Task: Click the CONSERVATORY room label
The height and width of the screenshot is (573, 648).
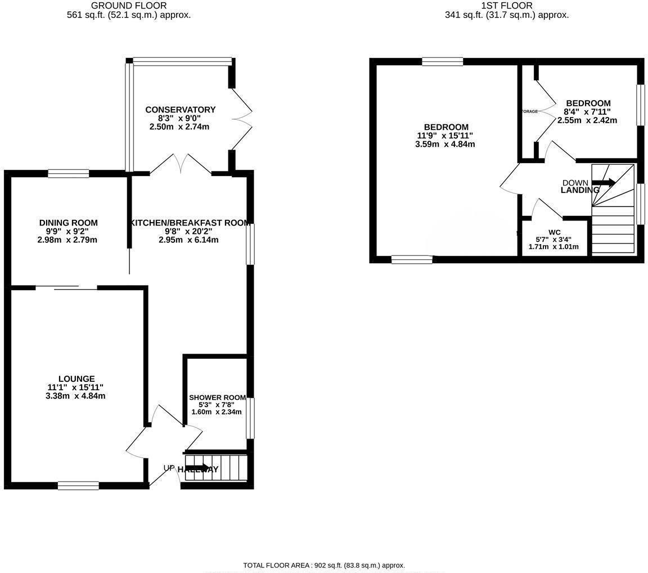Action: pyautogui.click(x=180, y=110)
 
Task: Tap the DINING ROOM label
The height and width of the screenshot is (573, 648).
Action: pyautogui.click(x=68, y=223)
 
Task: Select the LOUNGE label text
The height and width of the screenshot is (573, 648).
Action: pyautogui.click(x=76, y=378)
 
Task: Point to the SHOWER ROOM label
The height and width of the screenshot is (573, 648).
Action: pyautogui.click(x=217, y=397)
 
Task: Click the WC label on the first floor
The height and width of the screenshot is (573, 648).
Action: pyautogui.click(x=554, y=232)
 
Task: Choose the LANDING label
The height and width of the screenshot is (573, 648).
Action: pyautogui.click(x=579, y=190)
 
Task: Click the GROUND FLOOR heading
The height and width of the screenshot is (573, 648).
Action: pyautogui.click(x=128, y=6)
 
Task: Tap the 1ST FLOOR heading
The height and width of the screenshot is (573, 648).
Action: pyautogui.click(x=506, y=6)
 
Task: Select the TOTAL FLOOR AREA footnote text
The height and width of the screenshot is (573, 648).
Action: pyautogui.click(x=324, y=565)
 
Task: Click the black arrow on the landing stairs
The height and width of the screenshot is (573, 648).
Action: pyautogui.click(x=604, y=182)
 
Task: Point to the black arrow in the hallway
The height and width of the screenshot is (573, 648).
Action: pyautogui.click(x=197, y=468)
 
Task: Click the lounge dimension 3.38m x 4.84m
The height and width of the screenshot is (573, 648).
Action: pyautogui.click(x=76, y=396)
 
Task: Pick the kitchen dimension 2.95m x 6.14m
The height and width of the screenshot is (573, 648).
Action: pyautogui.click(x=188, y=240)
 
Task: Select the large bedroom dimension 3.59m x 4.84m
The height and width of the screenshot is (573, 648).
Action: pyautogui.click(x=445, y=144)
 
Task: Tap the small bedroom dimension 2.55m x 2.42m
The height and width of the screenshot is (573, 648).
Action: pyautogui.click(x=587, y=120)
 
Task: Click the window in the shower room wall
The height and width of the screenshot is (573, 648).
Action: pyautogui.click(x=250, y=418)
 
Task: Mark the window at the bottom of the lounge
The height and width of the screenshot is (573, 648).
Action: pyautogui.click(x=78, y=485)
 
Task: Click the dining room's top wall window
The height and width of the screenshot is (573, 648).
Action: pyautogui.click(x=68, y=174)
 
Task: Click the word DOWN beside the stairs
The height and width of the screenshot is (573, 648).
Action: pyautogui.click(x=575, y=183)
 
